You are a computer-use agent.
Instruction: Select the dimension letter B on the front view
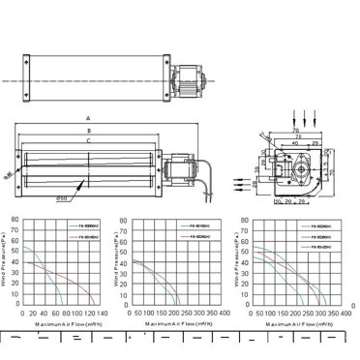(x=88, y=129)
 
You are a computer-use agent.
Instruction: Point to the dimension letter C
(x=88, y=140)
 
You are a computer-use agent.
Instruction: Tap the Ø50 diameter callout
(x=61, y=199)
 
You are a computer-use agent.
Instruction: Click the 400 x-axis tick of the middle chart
(x=224, y=314)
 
